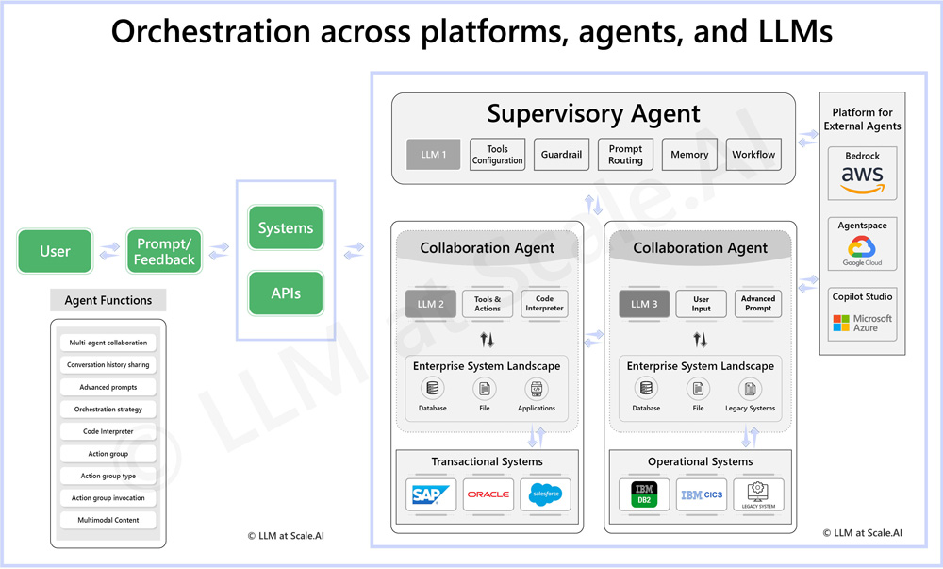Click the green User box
[x=56, y=251]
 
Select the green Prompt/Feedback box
[x=164, y=251]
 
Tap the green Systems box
[x=286, y=228]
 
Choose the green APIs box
[x=286, y=293]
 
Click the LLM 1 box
[x=434, y=155]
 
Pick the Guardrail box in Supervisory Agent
[x=561, y=155]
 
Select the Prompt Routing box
[x=625, y=155]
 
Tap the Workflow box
[x=753, y=155]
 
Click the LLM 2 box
[x=431, y=304]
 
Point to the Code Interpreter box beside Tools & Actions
[x=544, y=304]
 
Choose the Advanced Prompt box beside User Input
[x=757, y=304]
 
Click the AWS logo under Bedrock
[x=862, y=178]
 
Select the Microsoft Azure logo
[x=862, y=323]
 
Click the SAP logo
[x=431, y=494]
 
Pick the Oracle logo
[x=488, y=494]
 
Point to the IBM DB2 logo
[x=644, y=494]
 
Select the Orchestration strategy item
[x=108, y=410]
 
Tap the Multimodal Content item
[x=108, y=520]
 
